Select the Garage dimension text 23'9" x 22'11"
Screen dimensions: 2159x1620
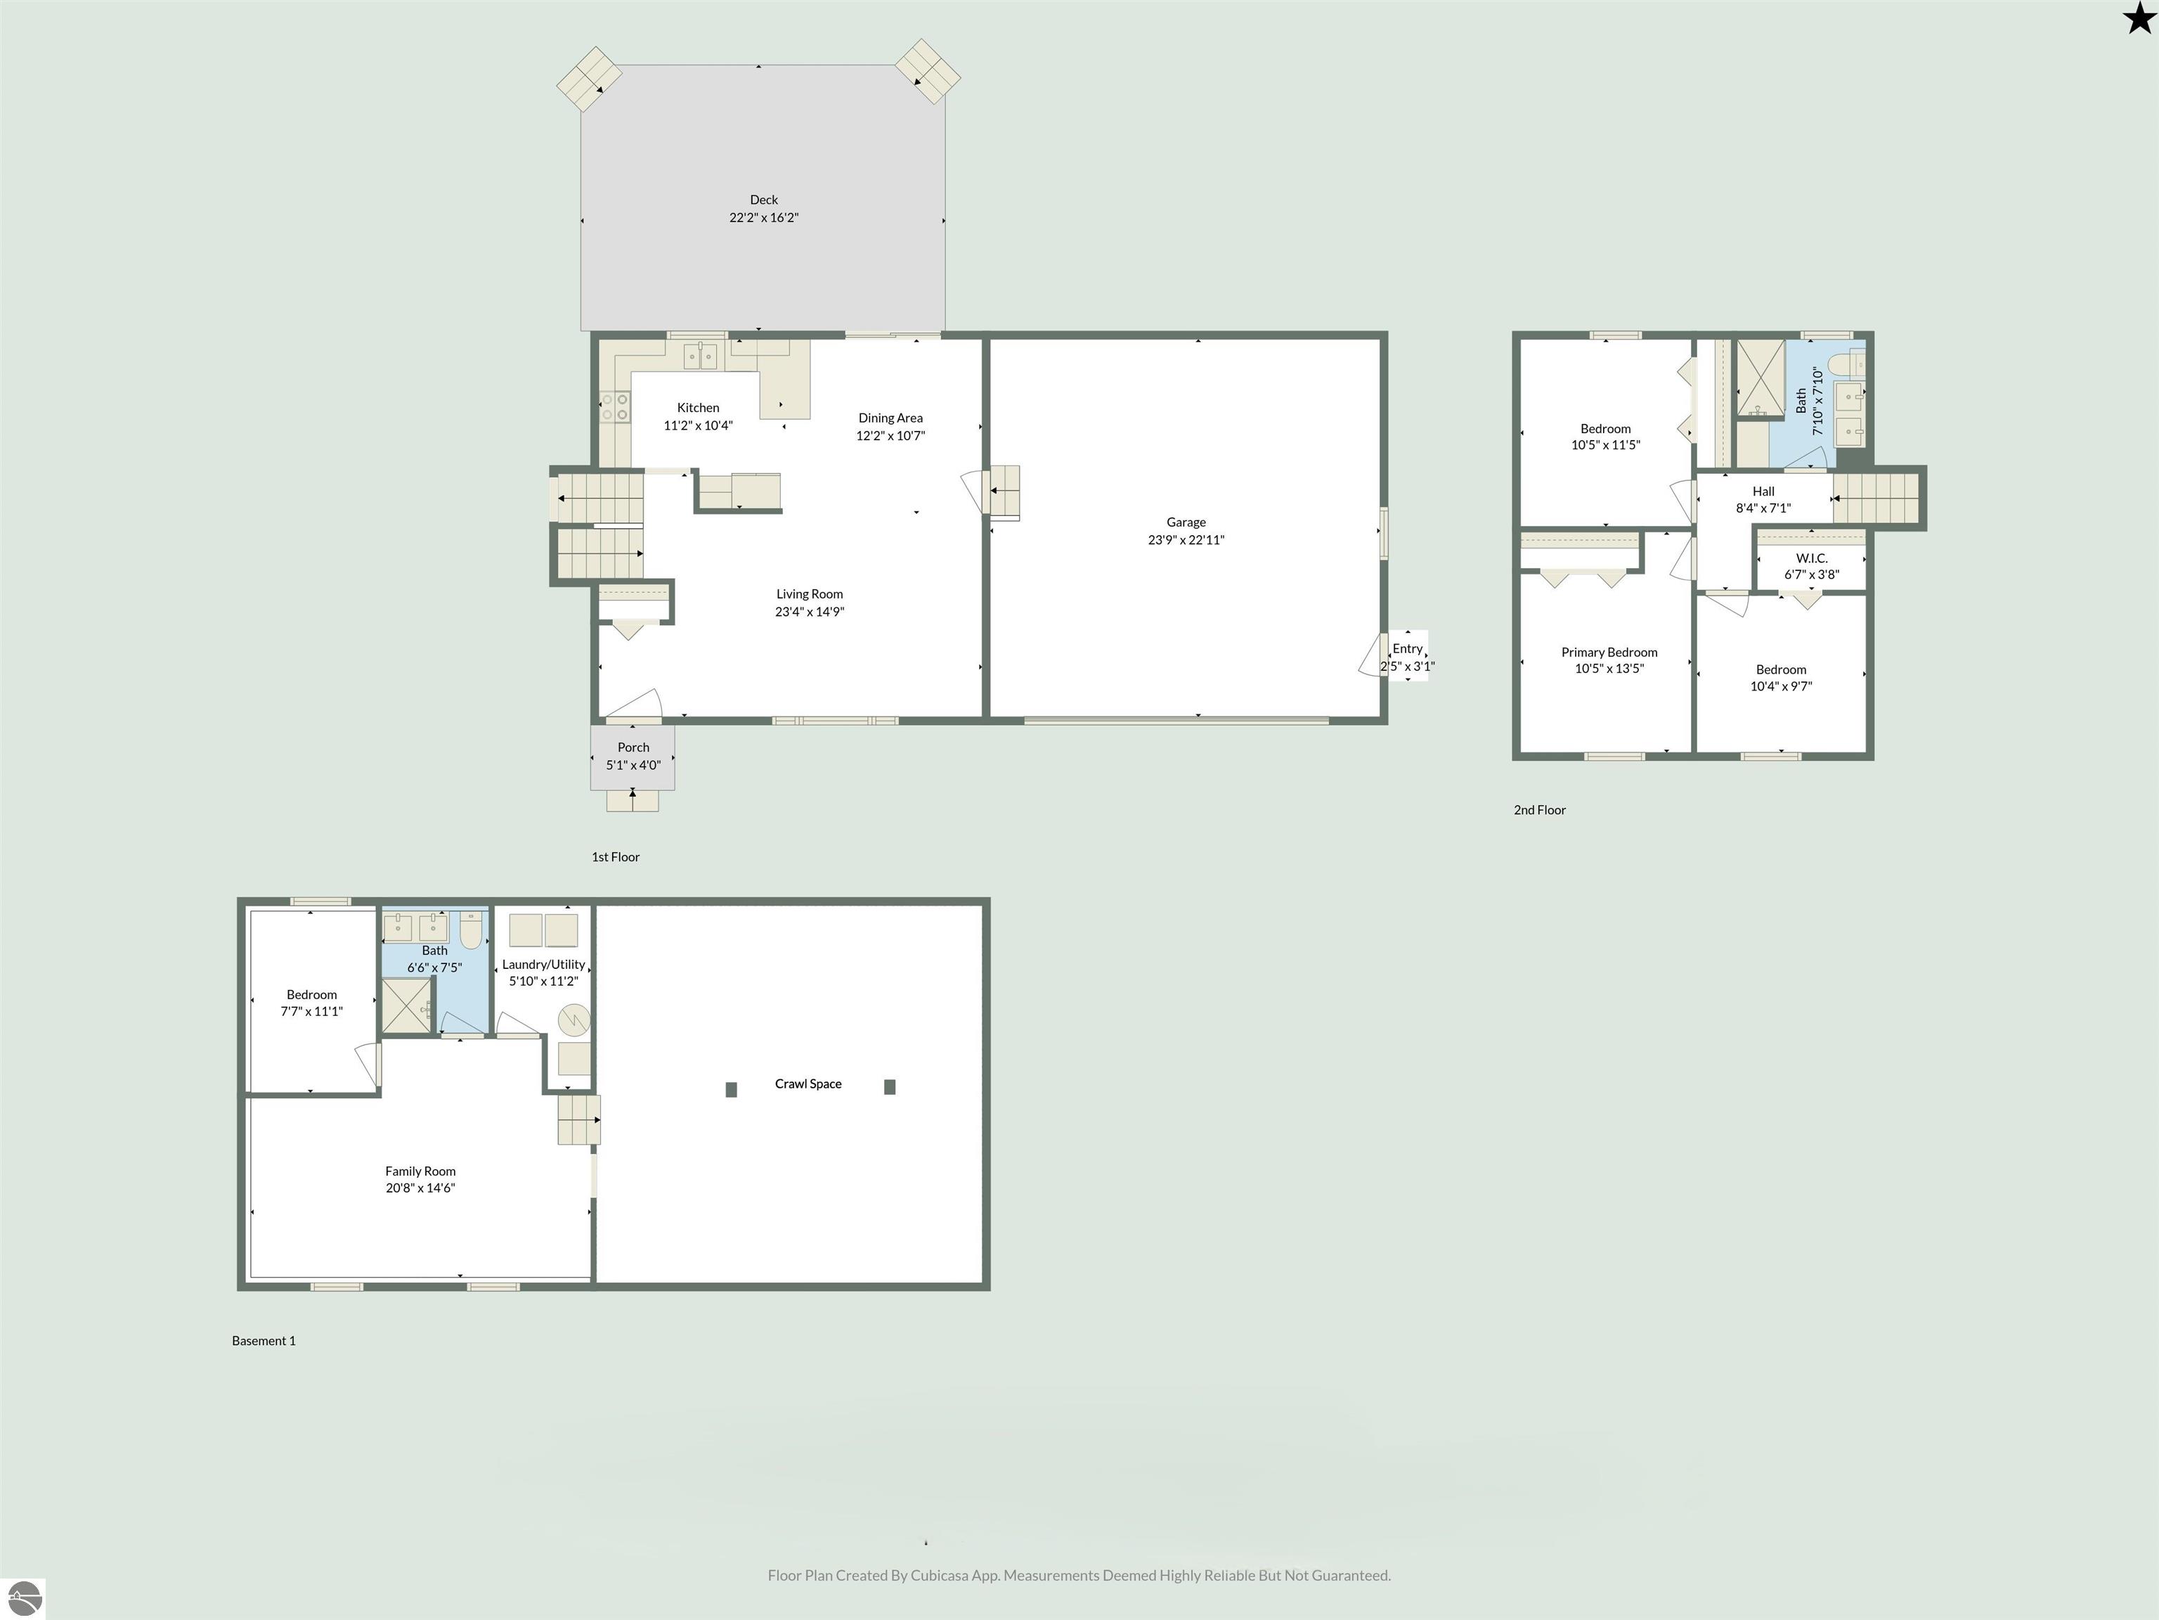1186,540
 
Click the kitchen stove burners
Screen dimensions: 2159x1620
615,407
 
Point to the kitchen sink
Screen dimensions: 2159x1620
700,356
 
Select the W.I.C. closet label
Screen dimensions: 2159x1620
1812,558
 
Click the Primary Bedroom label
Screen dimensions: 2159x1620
1609,652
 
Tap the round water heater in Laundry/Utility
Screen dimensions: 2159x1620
574,1020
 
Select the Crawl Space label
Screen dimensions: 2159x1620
808,1084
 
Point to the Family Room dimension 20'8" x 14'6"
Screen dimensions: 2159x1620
421,1188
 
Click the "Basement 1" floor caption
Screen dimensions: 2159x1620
264,1341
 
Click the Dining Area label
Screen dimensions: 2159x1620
890,418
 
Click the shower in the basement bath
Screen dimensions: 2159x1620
406,1005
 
